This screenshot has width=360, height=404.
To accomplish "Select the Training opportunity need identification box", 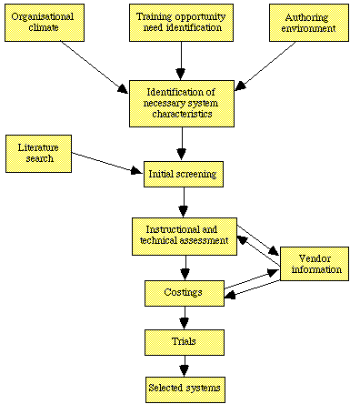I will [x=183, y=23].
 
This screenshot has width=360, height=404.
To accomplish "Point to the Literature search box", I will [x=35, y=152].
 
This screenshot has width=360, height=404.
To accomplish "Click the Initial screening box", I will [x=183, y=172].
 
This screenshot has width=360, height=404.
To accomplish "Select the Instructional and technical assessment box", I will [x=183, y=235].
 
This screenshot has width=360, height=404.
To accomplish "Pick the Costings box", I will [x=183, y=293].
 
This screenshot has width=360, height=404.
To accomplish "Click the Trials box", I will [x=183, y=342].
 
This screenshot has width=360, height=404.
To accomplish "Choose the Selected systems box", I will [x=183, y=389].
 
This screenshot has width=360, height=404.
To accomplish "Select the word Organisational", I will [x=41, y=16].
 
